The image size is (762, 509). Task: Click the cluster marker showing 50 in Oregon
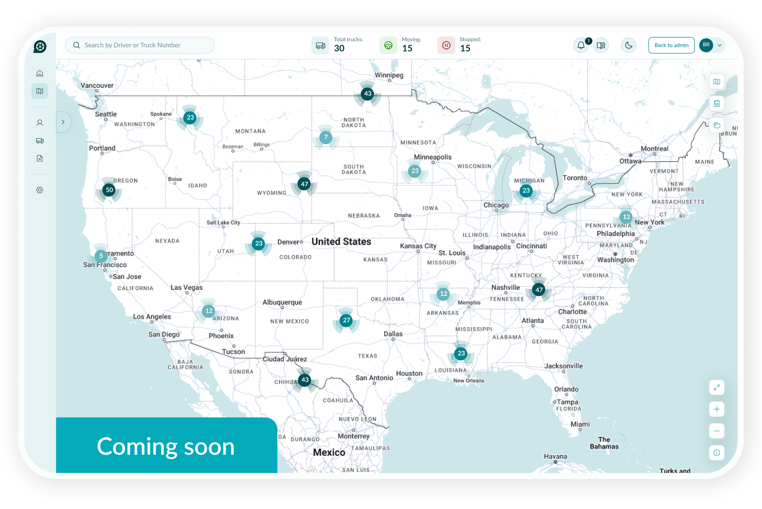pos(109,190)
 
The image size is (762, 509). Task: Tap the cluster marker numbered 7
pos(326,138)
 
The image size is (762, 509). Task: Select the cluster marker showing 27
pos(346,320)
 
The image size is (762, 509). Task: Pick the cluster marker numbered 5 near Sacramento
pos(101,256)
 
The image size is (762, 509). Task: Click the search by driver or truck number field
pos(140,45)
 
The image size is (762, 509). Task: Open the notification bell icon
pos(581,46)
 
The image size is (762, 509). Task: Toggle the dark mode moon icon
pos(628,45)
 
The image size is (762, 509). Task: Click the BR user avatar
pos(706,45)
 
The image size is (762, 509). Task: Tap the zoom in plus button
pos(716,409)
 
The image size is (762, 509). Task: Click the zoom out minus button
pos(716,431)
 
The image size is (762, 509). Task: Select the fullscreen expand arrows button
pos(716,388)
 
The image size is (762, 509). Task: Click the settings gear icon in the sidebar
pos(40,190)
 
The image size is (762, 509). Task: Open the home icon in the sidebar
pos(40,73)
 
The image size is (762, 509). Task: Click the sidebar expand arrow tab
pos(63,122)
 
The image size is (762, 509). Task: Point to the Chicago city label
pos(496,205)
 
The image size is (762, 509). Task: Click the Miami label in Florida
pos(580,424)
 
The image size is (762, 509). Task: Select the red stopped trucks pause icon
pos(446,45)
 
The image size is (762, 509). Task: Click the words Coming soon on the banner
pos(166,447)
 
